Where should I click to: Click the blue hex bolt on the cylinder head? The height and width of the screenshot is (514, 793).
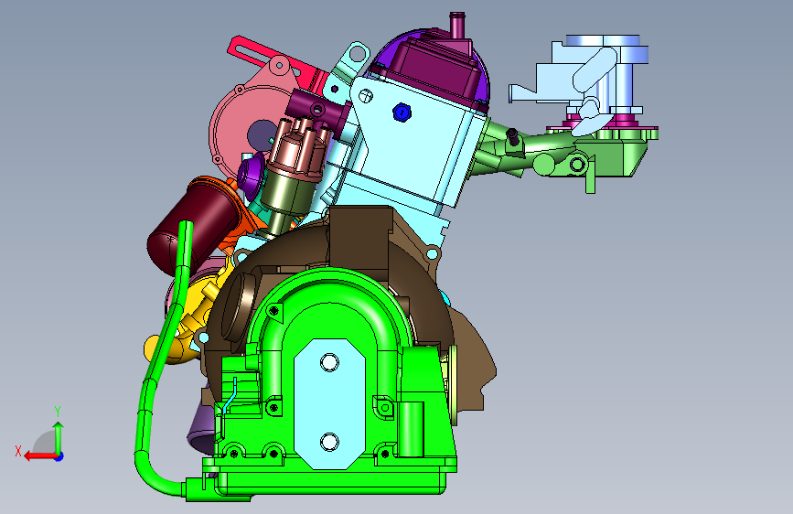402,112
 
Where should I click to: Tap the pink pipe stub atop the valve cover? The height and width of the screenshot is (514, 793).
457,25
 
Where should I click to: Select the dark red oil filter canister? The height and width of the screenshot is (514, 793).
192,222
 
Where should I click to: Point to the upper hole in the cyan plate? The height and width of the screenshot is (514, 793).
330,362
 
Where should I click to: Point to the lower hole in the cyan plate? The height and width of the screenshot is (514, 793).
330,442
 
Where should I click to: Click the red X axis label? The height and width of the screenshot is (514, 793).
18,451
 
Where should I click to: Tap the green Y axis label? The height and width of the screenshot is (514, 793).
58,412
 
